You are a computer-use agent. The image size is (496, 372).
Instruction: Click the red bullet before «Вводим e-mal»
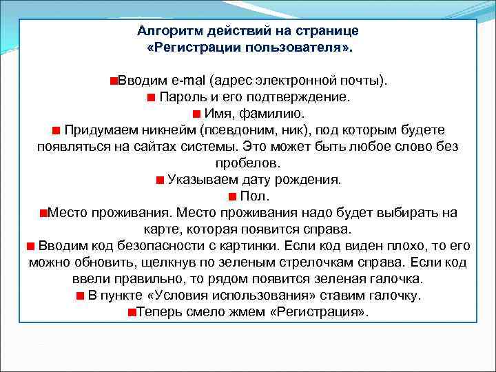pyautogui.click(x=113, y=81)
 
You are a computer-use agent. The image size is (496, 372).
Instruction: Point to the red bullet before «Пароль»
pyautogui.click(x=151, y=97)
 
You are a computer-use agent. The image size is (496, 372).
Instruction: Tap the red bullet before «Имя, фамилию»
pyautogui.click(x=197, y=114)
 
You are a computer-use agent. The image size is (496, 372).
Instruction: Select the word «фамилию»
pyautogui.click(x=278, y=114)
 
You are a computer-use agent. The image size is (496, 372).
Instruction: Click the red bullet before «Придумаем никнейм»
pyautogui.click(x=56, y=130)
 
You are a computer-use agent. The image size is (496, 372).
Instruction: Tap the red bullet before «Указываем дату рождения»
pyautogui.click(x=159, y=180)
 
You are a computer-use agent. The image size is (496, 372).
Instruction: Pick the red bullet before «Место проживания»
pyautogui.click(x=43, y=213)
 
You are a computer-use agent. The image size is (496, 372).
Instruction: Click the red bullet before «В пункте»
pyautogui.click(x=81, y=296)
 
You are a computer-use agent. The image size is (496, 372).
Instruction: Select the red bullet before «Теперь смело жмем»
pyautogui.click(x=131, y=312)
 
